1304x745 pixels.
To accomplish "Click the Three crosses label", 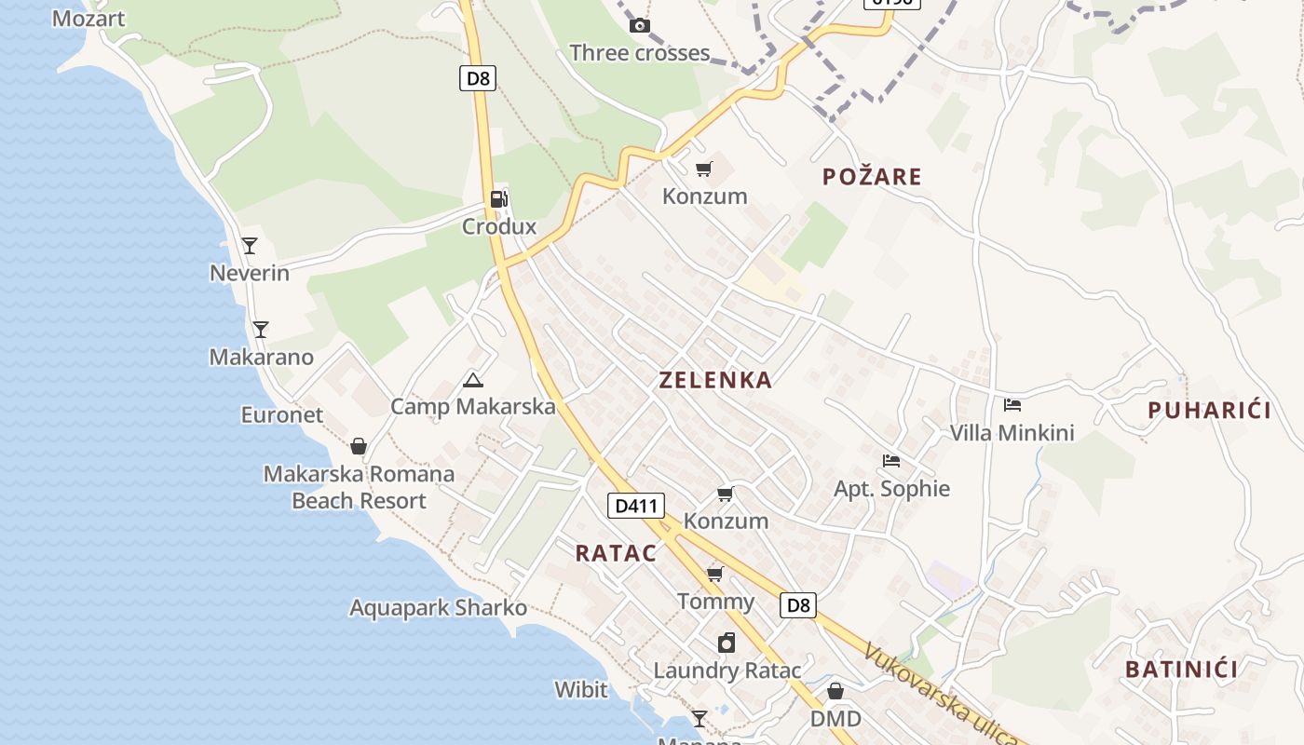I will tap(639, 53).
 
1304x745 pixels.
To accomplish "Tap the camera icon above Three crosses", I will tap(639, 25).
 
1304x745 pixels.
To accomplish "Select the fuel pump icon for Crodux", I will tap(499, 198).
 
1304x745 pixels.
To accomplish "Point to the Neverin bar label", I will tap(250, 273).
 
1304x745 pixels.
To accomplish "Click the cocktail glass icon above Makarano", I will tap(261, 330).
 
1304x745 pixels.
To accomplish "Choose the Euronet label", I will tap(282, 414).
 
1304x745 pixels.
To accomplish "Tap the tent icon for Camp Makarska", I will tap(473, 380).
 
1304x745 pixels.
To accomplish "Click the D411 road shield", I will tap(637, 506).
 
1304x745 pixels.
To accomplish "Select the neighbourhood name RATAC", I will tap(616, 553).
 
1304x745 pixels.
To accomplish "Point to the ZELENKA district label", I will tap(715, 380).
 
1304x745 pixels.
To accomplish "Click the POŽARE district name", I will tap(872, 177).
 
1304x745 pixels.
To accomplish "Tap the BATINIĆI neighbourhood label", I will tap(1181, 669).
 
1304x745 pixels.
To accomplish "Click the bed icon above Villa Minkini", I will tap(1012, 405).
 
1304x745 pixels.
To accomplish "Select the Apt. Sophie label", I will tap(891, 489).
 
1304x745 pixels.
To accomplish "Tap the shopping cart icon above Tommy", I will tap(715, 574).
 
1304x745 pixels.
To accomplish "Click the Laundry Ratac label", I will tap(727, 670).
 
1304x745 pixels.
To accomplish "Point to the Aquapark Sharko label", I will tap(438, 608).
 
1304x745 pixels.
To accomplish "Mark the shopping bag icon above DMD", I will tap(835, 691).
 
